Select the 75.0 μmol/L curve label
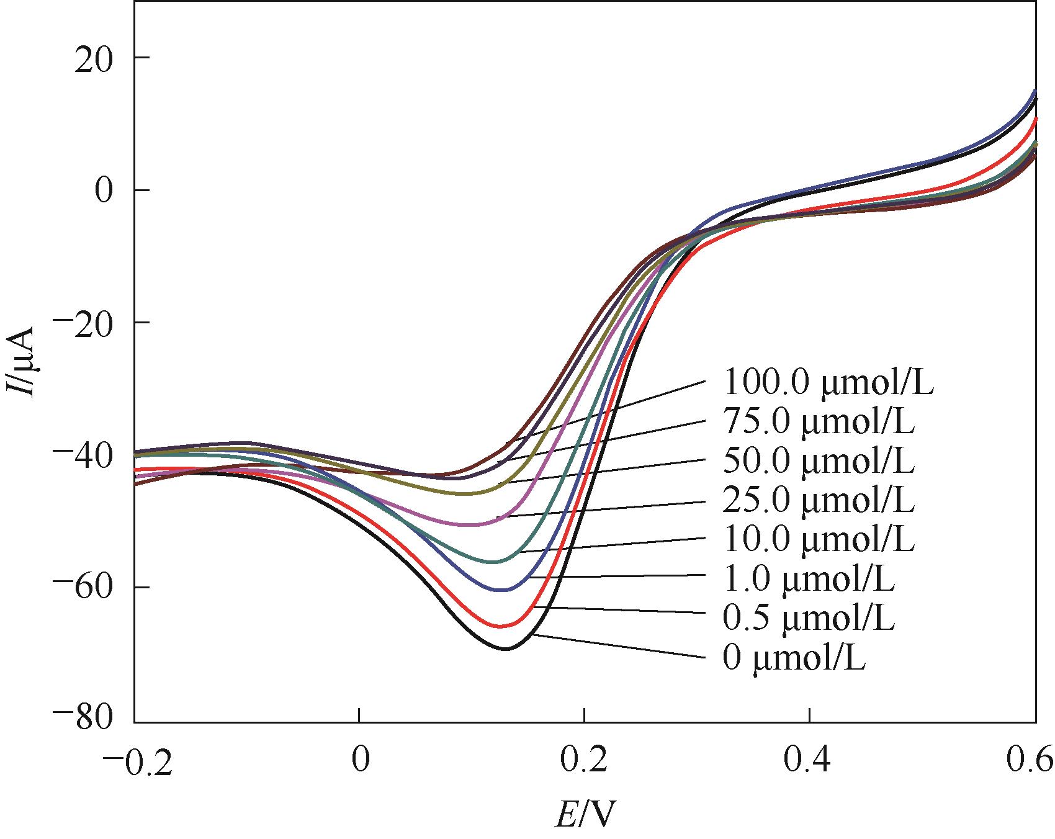(x=818, y=422)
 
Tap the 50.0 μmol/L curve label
(x=818, y=461)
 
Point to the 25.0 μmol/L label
(x=818, y=500)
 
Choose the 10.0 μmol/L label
(x=818, y=539)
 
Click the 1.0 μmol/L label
(x=808, y=578)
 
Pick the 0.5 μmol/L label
(x=808, y=618)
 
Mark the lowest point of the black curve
(x=506, y=649)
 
